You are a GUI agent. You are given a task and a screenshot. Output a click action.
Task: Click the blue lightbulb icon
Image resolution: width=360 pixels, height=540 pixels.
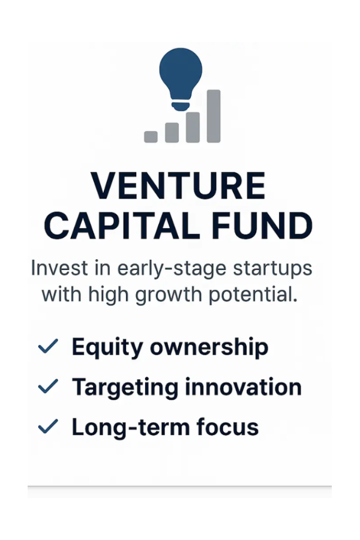181,78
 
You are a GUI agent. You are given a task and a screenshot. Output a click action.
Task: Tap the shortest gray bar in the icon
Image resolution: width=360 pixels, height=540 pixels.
151,137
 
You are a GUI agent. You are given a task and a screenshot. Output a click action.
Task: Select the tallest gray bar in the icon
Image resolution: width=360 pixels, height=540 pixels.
213,116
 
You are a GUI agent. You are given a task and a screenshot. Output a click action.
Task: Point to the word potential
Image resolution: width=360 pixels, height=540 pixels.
256,295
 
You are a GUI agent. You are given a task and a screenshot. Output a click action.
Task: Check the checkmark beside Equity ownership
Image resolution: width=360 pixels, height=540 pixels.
48,346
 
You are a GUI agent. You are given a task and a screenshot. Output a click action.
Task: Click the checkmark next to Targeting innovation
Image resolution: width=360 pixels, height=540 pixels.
48,386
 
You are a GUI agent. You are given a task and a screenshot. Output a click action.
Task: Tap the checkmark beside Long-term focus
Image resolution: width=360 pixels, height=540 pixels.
48,427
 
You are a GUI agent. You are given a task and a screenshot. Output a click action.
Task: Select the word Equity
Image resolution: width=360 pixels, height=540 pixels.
106,347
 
